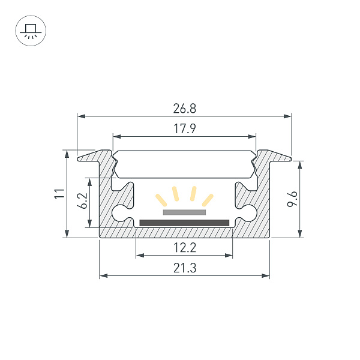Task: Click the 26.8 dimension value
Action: pos(184,109)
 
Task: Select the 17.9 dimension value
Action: pos(184,128)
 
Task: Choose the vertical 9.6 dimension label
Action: pos(292,199)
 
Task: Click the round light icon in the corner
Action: pos(28,30)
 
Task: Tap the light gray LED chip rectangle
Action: pos(184,212)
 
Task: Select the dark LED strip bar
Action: pos(184,223)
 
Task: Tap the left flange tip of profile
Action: pos(80,158)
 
